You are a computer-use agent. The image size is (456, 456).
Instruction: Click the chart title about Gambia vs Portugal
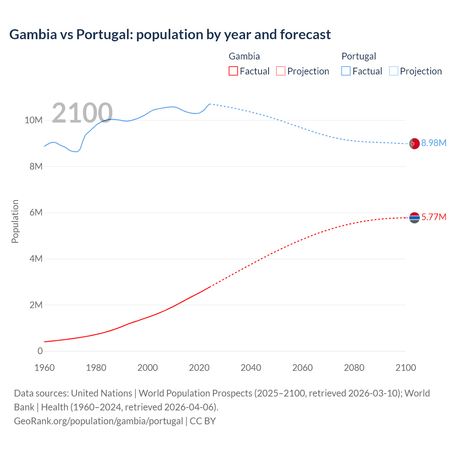170,35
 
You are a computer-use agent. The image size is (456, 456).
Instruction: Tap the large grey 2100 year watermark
82,113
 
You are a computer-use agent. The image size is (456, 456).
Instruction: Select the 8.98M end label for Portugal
434,143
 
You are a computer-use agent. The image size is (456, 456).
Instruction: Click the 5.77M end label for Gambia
434,217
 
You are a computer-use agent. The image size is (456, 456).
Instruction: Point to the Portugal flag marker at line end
414,144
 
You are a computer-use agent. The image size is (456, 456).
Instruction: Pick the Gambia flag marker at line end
414,217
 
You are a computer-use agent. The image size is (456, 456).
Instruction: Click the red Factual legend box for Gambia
233,71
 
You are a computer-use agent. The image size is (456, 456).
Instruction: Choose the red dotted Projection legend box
281,71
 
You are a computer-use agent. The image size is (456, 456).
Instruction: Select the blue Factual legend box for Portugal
346,71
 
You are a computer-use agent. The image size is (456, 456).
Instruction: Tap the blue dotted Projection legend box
394,71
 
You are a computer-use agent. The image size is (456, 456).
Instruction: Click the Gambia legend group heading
244,56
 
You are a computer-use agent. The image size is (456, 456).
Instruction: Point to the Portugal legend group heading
358,56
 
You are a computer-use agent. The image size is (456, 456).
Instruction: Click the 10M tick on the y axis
33,120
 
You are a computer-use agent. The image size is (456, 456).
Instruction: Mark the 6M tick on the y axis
36,213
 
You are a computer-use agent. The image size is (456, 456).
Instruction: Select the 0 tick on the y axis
40,351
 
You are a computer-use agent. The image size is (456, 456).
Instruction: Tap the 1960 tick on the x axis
45,368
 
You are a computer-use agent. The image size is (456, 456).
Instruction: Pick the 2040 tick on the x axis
251,368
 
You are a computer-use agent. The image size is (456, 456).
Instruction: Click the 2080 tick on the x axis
354,368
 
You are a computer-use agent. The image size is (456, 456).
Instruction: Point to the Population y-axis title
15,221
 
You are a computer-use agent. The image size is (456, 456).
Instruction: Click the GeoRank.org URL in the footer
98,421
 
